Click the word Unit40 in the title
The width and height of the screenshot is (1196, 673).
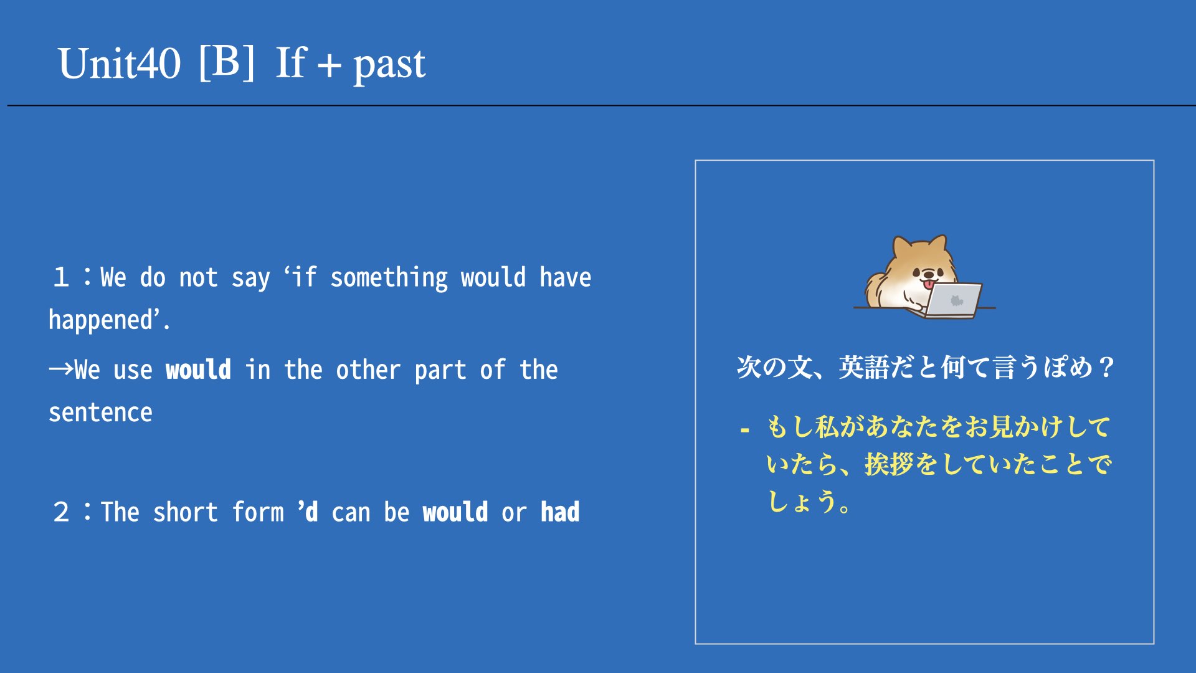(x=120, y=64)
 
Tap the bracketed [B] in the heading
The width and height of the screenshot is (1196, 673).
(x=227, y=62)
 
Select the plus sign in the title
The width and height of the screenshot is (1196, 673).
(x=329, y=64)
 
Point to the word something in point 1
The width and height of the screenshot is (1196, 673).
(x=389, y=277)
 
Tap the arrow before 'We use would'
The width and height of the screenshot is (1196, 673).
(x=61, y=369)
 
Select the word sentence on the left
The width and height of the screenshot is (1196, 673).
(x=100, y=413)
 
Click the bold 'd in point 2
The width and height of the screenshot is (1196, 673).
(x=308, y=512)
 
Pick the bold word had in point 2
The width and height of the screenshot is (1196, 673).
(x=560, y=512)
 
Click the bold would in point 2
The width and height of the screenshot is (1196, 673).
(x=455, y=512)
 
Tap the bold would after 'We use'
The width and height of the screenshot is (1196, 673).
(x=198, y=370)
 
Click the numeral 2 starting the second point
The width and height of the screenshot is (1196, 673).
(x=61, y=512)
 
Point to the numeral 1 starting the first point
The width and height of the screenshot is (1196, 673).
(x=61, y=277)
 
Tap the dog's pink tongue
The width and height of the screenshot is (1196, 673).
(x=929, y=285)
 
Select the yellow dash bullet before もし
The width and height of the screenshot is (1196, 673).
(x=745, y=430)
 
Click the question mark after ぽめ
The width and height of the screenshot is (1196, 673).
(x=1106, y=367)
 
